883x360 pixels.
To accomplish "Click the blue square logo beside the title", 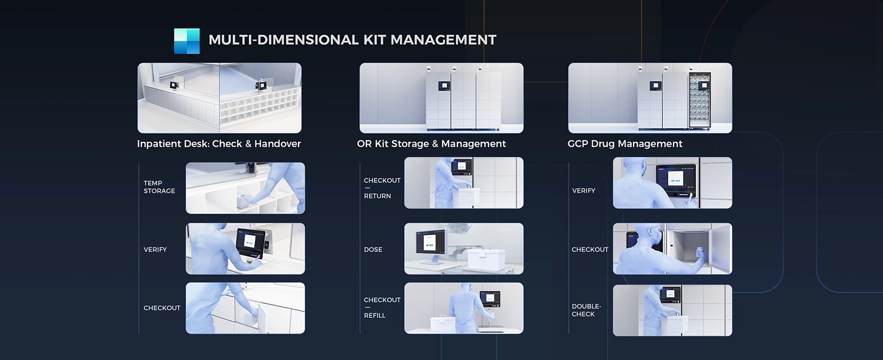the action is click(187, 41).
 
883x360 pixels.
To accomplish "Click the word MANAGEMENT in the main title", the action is click(444, 40).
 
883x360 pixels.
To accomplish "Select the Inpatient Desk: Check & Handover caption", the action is click(219, 144).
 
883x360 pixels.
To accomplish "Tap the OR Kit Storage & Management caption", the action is click(431, 144).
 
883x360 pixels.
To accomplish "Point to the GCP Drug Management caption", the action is click(625, 144).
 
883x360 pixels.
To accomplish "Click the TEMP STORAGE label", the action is click(159, 187).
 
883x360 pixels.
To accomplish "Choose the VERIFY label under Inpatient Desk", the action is click(155, 250).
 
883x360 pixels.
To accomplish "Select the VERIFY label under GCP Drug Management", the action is click(583, 191).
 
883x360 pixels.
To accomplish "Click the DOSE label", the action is click(373, 250).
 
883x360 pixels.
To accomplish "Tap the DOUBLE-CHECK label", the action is click(586, 310).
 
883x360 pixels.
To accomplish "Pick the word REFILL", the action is click(375, 315).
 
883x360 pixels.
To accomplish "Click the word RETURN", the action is click(377, 196).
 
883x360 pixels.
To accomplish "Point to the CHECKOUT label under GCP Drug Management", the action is click(590, 250).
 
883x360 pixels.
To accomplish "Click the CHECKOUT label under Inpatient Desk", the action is click(162, 308).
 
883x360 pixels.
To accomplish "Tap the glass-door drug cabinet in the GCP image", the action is click(700, 100).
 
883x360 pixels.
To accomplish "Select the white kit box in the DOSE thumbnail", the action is click(486, 258).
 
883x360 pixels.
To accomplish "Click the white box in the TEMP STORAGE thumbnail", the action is click(245, 202).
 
